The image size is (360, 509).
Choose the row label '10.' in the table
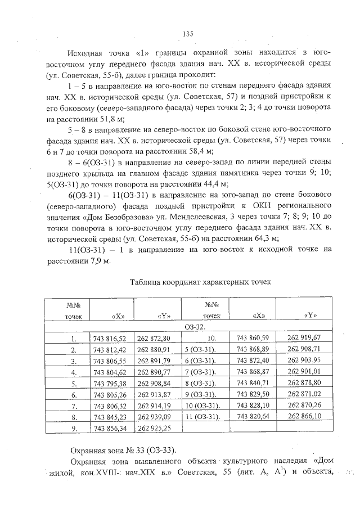[x=212, y=338]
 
